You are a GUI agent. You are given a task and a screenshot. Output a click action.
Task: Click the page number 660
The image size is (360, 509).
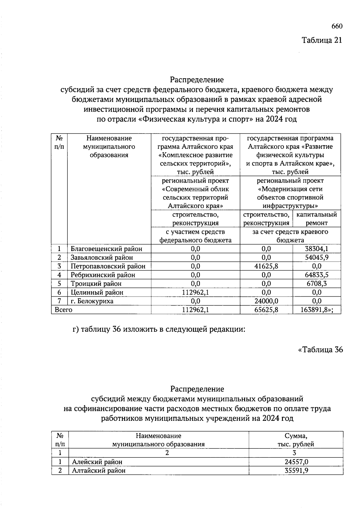tap(337, 26)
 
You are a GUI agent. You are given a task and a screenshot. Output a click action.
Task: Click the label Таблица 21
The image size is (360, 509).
tap(322, 40)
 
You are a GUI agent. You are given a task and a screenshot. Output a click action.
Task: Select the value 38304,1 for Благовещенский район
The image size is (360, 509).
tap(316, 249)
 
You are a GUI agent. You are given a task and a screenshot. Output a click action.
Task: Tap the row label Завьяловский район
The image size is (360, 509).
tap(102, 257)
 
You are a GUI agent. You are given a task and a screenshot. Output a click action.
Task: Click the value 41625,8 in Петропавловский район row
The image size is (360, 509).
tap(266, 266)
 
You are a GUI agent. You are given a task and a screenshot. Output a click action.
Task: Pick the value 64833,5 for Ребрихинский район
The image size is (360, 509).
tap(316, 275)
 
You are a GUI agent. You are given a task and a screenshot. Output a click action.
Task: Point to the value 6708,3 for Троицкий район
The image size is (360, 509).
tap(316, 283)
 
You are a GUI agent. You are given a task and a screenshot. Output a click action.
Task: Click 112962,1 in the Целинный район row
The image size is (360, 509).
tap(195, 292)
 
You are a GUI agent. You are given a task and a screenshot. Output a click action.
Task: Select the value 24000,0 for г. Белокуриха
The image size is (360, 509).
tap(266, 301)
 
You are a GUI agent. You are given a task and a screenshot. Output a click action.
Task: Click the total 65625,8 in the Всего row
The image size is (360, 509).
tap(266, 310)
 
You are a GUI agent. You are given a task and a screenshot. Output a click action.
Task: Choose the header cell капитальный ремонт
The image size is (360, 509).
tap(316, 219)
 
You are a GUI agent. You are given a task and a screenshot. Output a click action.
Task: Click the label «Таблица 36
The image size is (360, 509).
tap(320, 350)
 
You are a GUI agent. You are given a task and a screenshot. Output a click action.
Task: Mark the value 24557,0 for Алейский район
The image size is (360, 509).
tap(296, 462)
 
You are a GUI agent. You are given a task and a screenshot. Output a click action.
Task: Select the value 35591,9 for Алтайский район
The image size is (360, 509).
tap(296, 470)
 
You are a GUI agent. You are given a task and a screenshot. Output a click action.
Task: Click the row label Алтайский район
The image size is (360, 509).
tap(99, 470)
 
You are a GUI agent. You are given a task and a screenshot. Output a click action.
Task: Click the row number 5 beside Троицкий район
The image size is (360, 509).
tap(59, 283)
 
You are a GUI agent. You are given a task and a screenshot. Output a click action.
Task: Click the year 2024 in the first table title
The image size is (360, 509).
tap(273, 119)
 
